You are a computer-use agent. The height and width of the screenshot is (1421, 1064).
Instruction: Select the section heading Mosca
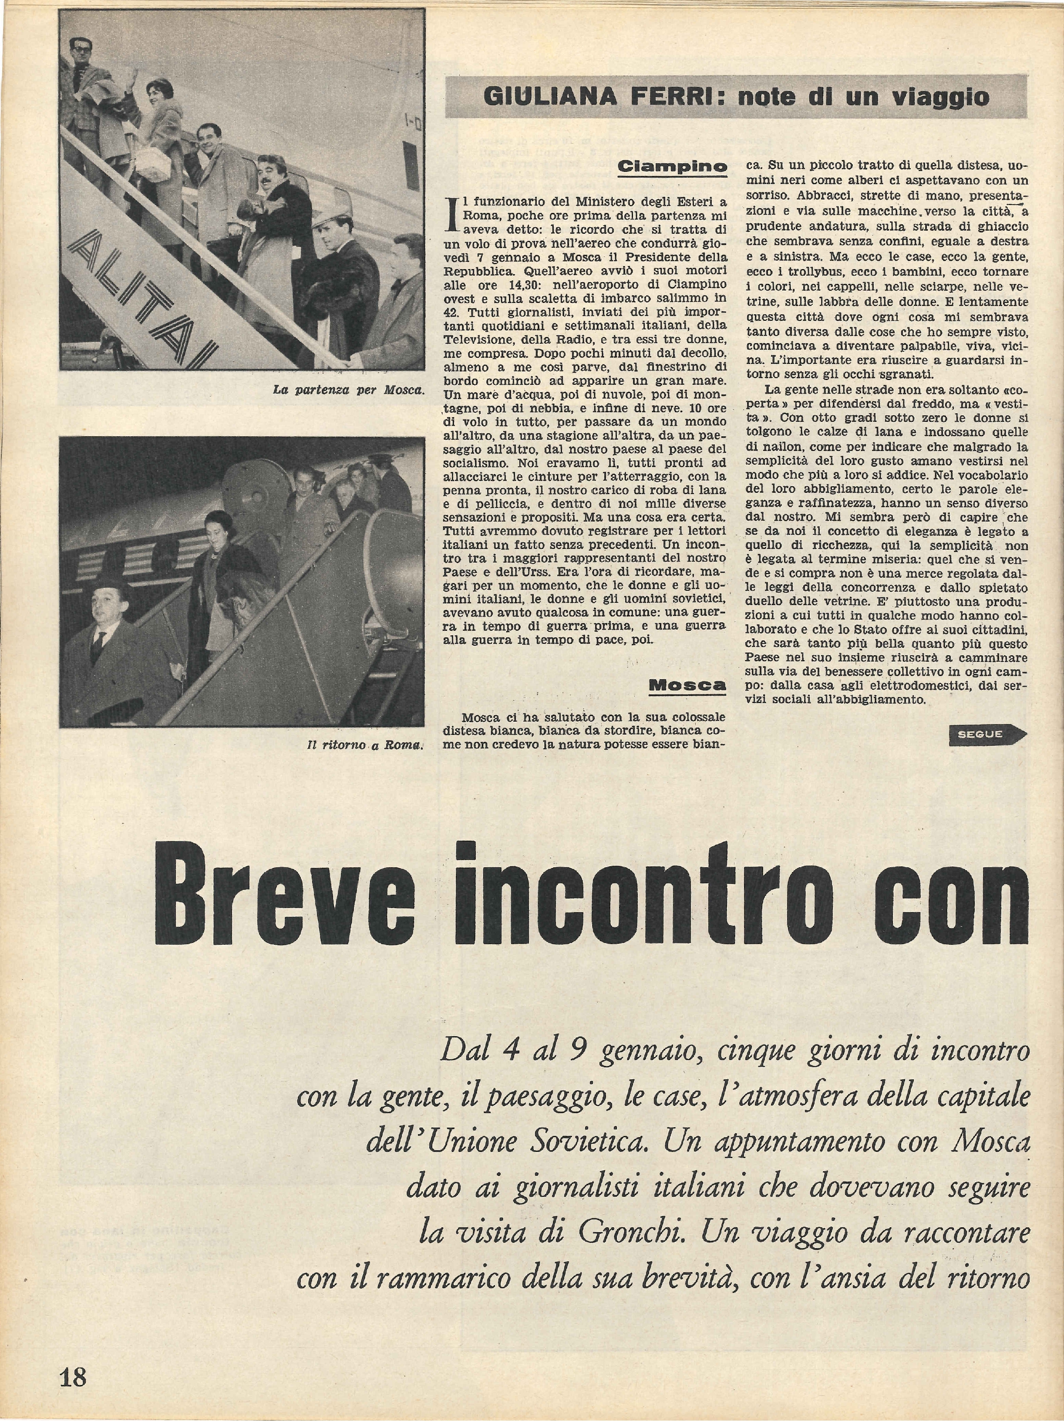pyautogui.click(x=687, y=685)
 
